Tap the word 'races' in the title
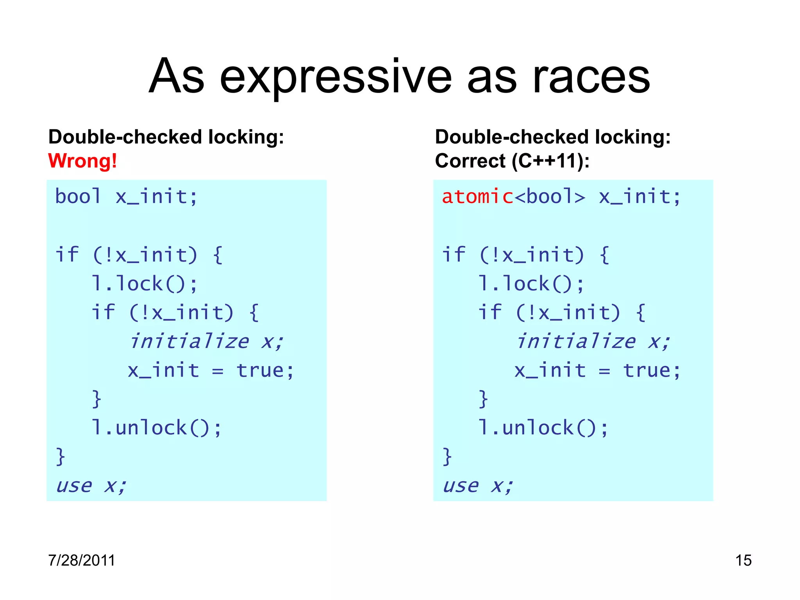591,77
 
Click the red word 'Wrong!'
82,161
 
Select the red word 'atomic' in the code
477,196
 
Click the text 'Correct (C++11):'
512,161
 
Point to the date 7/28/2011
81,560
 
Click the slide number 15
743,560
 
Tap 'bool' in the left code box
78,196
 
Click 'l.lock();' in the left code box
145,284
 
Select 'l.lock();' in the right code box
531,284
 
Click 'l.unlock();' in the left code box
157,428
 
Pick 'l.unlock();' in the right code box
543,428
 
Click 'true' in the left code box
260,370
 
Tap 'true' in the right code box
646,370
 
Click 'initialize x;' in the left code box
206,341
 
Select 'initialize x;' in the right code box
593,341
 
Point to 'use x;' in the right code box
478,486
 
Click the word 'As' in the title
177,77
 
